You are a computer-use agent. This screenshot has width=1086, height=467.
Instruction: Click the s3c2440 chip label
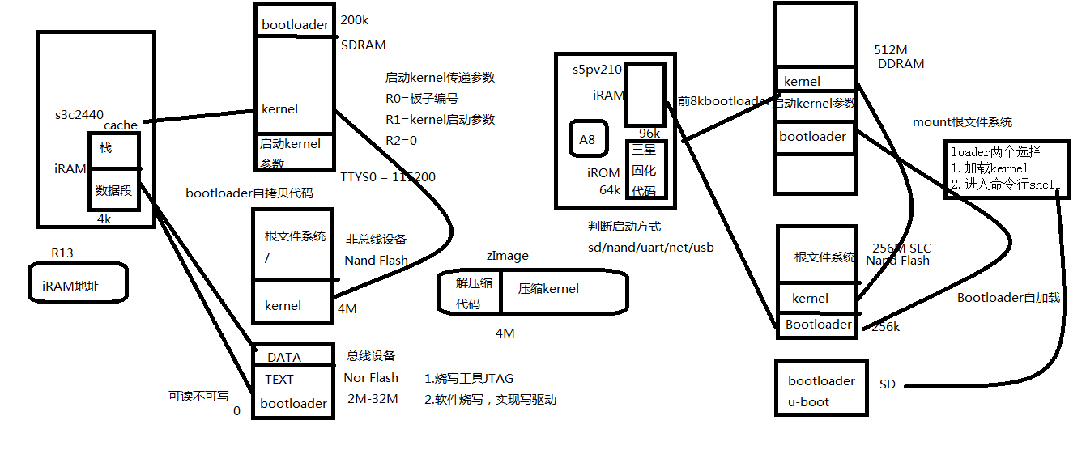79,114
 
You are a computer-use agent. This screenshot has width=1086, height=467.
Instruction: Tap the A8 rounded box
586,139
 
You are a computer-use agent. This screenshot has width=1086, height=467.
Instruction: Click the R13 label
62,253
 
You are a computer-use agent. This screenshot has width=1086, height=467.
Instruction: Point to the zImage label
507,256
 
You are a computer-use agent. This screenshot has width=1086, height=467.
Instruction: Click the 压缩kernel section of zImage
548,289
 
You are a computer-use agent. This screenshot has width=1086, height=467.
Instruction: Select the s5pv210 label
597,70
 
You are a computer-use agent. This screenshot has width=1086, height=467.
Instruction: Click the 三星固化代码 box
644,170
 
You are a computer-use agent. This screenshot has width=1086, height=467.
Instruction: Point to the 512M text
891,49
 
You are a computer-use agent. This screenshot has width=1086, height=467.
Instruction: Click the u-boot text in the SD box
808,401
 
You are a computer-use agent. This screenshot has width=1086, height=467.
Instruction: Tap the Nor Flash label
371,377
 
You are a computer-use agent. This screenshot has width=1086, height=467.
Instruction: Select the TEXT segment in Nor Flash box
279,379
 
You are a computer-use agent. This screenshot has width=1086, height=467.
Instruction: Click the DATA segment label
283,357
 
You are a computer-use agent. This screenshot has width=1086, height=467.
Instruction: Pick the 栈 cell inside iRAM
106,148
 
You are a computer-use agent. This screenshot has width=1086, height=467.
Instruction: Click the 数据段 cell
114,191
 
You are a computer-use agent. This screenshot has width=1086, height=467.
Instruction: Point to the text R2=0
402,140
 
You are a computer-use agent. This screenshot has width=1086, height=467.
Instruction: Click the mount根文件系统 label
962,122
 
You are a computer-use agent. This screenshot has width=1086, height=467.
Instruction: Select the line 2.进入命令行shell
1006,184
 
